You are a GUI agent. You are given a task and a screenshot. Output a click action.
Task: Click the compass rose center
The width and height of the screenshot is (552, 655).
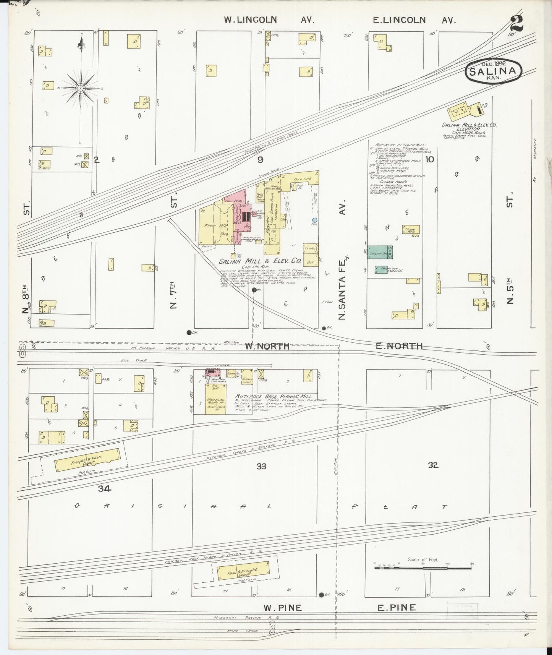(81, 88)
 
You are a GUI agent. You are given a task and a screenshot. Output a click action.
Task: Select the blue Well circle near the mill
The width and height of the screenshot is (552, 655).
(314, 220)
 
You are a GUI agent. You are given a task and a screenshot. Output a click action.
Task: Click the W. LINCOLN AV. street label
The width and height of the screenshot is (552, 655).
(269, 20)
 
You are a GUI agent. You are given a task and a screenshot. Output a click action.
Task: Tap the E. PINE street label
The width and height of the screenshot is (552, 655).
(397, 607)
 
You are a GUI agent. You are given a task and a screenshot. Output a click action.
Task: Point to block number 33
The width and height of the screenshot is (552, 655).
(261, 466)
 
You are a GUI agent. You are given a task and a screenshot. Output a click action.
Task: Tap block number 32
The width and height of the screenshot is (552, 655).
(433, 465)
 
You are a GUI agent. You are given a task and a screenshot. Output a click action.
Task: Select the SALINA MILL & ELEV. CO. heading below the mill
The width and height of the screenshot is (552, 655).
(260, 262)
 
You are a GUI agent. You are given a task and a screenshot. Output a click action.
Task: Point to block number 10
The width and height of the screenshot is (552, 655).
(430, 159)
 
